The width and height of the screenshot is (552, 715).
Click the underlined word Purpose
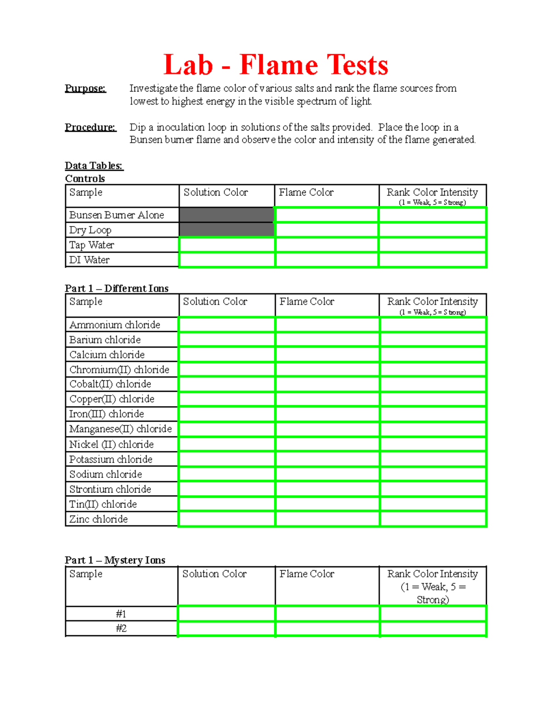click(x=85, y=88)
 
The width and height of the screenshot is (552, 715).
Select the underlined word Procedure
click(x=90, y=127)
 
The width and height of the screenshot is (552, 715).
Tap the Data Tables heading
click(x=94, y=166)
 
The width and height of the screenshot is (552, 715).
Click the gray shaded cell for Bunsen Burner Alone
click(x=226, y=215)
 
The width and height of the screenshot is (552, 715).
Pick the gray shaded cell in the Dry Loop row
click(x=226, y=230)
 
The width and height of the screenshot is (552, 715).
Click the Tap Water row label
click(x=92, y=245)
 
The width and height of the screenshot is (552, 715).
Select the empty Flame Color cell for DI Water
click(x=327, y=260)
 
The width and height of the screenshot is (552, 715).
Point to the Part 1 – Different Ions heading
click(x=116, y=289)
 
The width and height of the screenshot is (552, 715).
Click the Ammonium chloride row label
click(x=115, y=325)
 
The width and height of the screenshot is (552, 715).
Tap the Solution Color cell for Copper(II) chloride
click(x=226, y=399)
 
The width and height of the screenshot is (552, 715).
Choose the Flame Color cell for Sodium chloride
click(x=328, y=474)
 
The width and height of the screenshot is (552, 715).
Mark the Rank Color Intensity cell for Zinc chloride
click(x=433, y=519)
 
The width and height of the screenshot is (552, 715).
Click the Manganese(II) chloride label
click(x=120, y=429)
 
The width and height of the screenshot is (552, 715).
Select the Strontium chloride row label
click(x=110, y=489)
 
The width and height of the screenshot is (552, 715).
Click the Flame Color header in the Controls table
click(x=306, y=192)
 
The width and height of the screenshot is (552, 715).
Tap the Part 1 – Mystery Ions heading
click(x=115, y=560)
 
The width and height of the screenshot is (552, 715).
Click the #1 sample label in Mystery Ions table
click(x=121, y=614)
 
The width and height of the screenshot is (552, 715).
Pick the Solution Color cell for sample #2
click(x=226, y=629)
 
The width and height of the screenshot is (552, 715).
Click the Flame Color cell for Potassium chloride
click(x=328, y=459)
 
